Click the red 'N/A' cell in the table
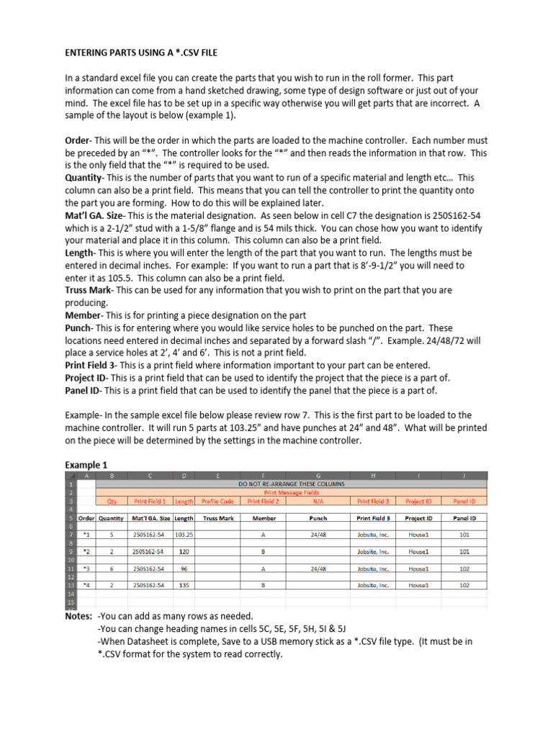tap(318, 502)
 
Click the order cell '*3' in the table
tap(86, 569)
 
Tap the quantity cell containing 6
tap(112, 569)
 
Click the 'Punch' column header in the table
tap(318, 517)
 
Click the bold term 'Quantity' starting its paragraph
tap(84, 177)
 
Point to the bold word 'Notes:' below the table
tap(78, 617)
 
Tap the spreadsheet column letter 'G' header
tap(318, 474)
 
